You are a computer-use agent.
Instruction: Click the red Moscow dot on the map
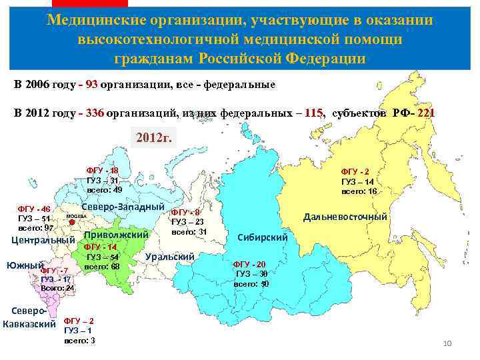[x=71, y=223]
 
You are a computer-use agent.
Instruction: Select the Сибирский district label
[x=263, y=237]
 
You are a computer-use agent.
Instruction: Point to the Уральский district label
[x=169, y=257]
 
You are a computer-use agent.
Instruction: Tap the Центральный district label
[x=43, y=240]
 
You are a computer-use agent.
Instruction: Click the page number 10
[x=447, y=343]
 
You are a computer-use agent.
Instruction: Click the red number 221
[x=424, y=113]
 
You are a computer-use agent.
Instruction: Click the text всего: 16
[x=359, y=191]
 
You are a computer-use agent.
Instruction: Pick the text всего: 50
[x=251, y=283]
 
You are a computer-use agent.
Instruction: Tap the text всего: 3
[x=79, y=340]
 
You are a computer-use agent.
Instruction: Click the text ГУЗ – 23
[x=187, y=222]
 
